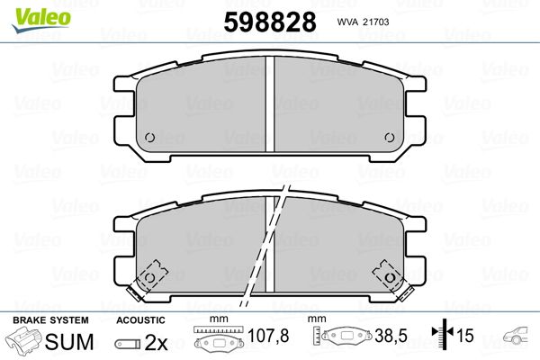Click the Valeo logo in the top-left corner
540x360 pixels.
click(41, 20)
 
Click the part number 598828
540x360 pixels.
click(270, 22)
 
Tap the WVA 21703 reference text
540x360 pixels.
click(363, 22)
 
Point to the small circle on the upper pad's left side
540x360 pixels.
click(149, 138)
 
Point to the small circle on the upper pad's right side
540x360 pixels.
click(390, 138)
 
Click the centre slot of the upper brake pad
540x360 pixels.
click(270, 103)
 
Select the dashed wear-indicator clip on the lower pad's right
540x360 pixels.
click(391, 280)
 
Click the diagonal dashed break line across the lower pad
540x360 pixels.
click(265, 246)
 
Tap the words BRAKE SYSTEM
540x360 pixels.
click(50, 320)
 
